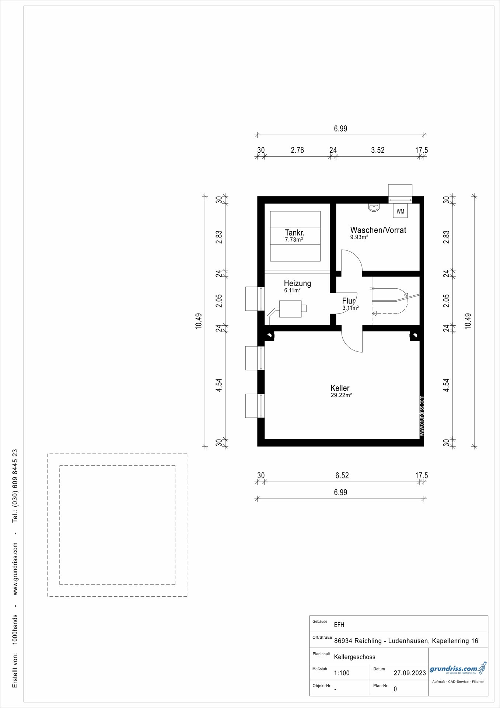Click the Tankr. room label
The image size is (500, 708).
[x=295, y=233]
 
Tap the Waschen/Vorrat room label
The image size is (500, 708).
[x=378, y=230]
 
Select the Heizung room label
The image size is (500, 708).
[x=297, y=283]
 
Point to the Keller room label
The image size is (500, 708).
[x=340, y=388]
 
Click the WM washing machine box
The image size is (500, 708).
[x=401, y=211]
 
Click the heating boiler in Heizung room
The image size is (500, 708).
[x=290, y=309]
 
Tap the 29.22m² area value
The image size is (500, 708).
[x=341, y=395]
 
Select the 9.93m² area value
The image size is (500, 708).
[x=359, y=237]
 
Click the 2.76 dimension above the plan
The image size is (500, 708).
[x=297, y=150]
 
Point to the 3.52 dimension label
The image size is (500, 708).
[x=378, y=150]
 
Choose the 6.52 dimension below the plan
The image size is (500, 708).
[x=342, y=475]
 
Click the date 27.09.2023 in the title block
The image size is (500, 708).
[x=410, y=673]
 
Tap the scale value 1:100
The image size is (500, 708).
[x=342, y=673]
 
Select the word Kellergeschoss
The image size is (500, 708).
[x=355, y=657]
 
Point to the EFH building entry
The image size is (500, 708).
[x=339, y=625]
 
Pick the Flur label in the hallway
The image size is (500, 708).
[x=348, y=301]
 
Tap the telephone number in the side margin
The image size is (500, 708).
[x=15, y=486]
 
